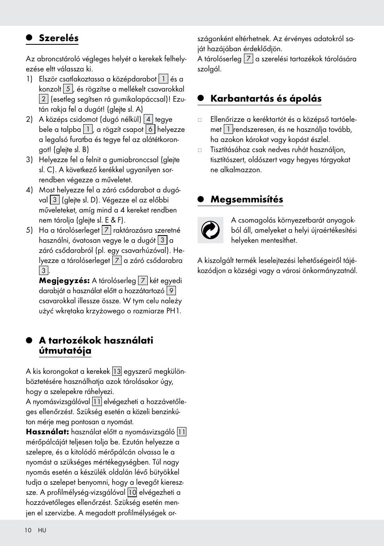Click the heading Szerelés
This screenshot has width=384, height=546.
[59, 38]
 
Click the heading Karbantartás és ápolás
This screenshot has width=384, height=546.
[266, 99]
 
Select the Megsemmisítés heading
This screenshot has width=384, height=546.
[247, 200]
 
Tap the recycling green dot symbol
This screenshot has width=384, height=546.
[210, 230]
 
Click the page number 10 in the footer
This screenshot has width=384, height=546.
[28, 530]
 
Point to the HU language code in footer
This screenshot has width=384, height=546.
[42, 530]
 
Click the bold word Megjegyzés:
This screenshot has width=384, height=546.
[64, 281]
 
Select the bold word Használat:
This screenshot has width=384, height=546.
[47, 432]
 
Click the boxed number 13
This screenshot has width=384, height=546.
[117, 371]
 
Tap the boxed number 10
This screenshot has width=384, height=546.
[132, 492]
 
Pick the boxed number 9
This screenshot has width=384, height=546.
[171, 291]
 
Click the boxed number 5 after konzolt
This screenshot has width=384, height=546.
[68, 89]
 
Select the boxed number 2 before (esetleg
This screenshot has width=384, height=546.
[43, 99]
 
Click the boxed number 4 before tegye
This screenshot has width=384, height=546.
[148, 119]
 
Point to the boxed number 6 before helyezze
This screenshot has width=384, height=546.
[150, 129]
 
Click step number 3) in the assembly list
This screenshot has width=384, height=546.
[29, 160]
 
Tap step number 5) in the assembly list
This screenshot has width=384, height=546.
[29, 230]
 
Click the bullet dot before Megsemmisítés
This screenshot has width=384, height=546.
[201, 200]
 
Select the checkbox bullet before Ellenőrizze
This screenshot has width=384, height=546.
[200, 120]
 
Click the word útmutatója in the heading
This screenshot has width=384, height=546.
[65, 351]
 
